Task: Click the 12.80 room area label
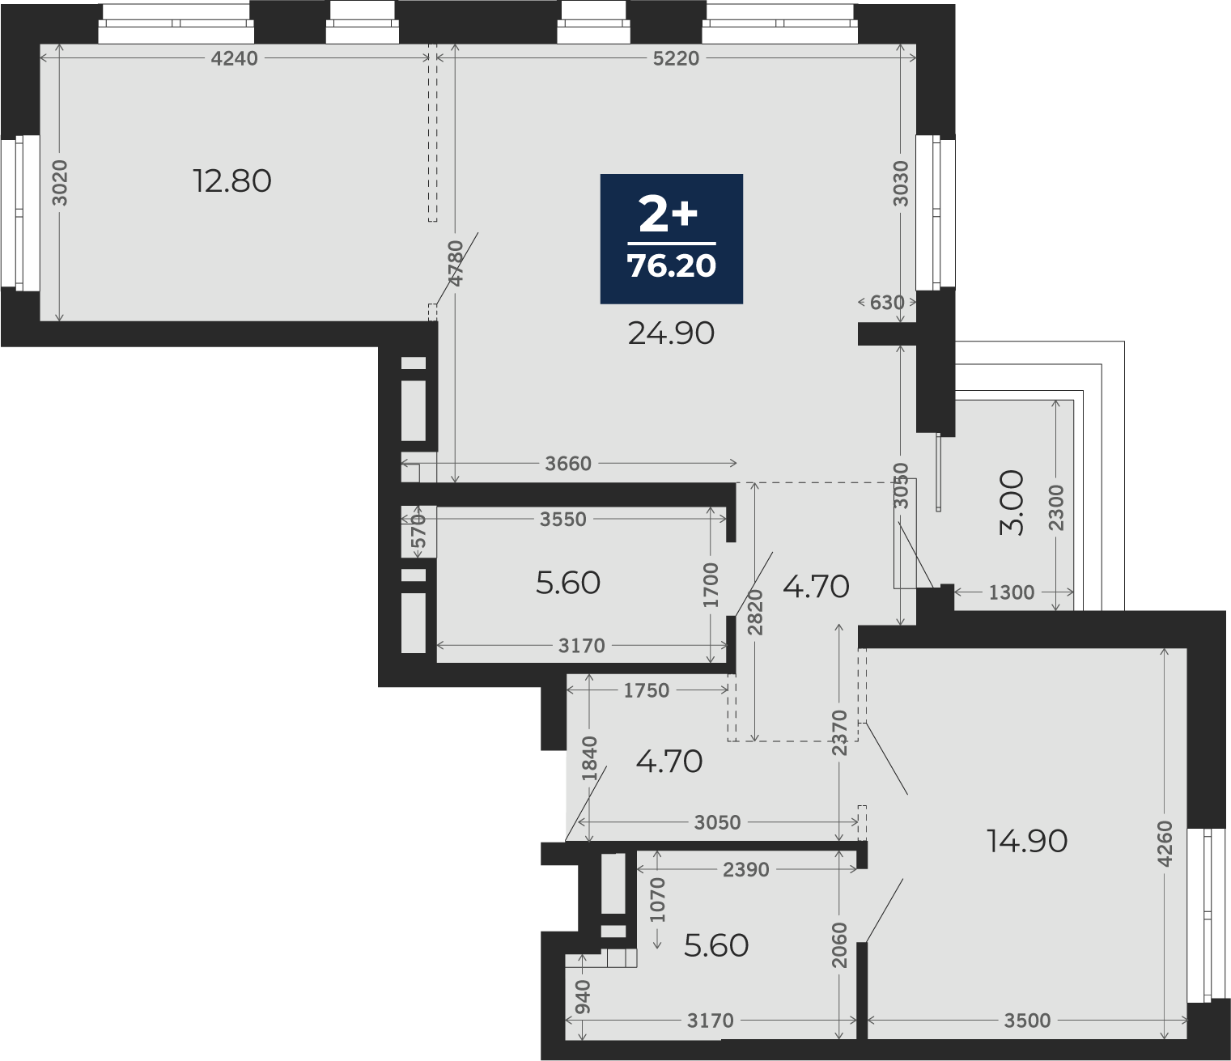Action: point(232,181)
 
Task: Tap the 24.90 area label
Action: point(671,334)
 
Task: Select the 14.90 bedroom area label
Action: point(1027,842)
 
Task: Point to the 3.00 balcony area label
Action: point(1012,503)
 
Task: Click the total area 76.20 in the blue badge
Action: point(671,266)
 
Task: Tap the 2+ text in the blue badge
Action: point(668,215)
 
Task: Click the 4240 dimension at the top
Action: point(235,58)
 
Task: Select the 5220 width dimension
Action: point(675,58)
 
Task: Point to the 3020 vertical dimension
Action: point(60,183)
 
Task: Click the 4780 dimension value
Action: point(456,263)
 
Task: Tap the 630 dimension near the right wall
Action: point(887,303)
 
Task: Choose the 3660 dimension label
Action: point(568,463)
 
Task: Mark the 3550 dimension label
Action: point(563,520)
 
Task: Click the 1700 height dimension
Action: point(711,584)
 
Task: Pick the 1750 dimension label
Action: point(646,690)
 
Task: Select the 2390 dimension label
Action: point(746,870)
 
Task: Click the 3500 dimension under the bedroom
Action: point(1027,1021)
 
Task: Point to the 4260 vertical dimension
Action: point(1165,843)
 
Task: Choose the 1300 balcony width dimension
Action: point(1011,592)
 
